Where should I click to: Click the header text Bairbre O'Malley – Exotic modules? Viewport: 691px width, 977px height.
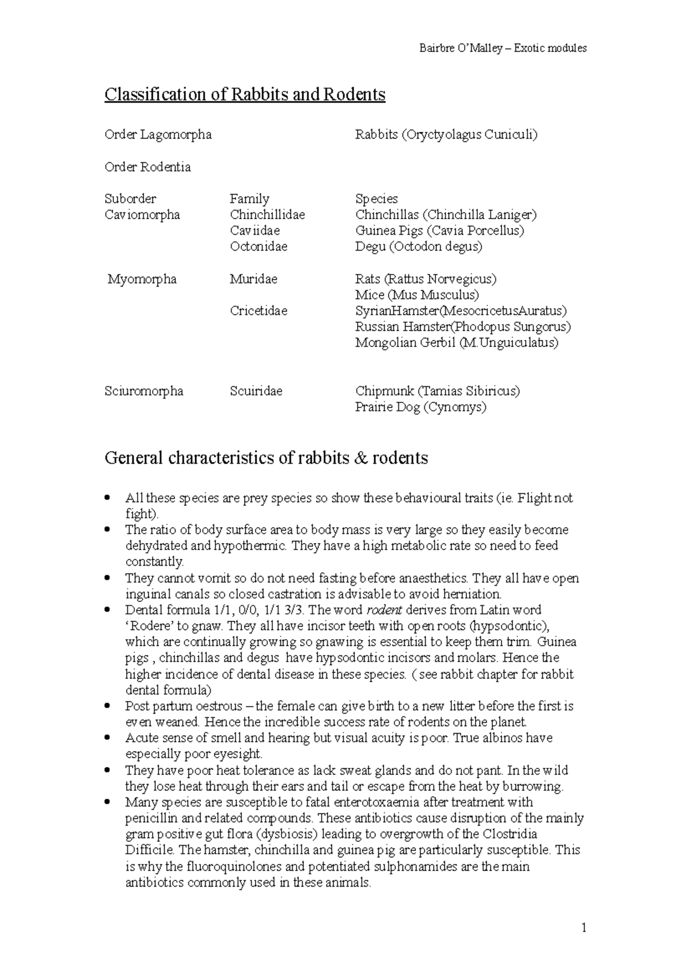(x=503, y=48)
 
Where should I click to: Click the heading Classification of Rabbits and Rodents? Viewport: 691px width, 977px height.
(x=245, y=94)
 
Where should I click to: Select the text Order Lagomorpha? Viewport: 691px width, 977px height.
(x=158, y=135)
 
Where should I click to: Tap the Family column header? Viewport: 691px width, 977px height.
(x=249, y=199)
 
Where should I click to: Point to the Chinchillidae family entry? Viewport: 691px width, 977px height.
(x=267, y=215)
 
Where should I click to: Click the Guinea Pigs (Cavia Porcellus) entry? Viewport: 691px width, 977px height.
(x=439, y=231)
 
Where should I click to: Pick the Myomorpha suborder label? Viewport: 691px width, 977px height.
(x=142, y=279)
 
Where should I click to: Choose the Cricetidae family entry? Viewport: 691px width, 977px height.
(x=259, y=311)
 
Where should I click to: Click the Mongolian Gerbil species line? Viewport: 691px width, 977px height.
(x=457, y=343)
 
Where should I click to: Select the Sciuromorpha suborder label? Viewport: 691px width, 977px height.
(x=144, y=391)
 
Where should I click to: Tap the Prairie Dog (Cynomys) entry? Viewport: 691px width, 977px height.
(x=420, y=407)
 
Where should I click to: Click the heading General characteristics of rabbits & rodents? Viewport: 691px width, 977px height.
(x=266, y=459)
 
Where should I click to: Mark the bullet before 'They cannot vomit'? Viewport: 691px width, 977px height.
(x=108, y=578)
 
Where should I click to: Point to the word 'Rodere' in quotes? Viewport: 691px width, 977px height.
(x=148, y=626)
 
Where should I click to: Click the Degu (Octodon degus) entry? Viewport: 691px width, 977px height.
(x=419, y=247)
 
